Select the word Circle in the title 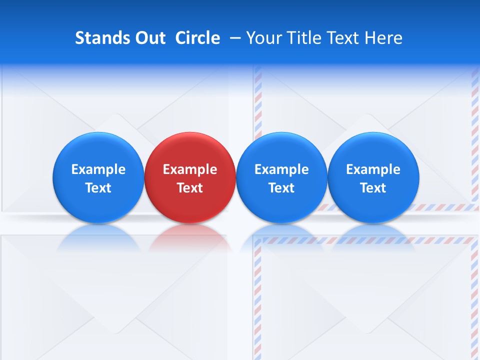pos(197,38)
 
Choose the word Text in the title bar pos(344,38)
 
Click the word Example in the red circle pos(190,169)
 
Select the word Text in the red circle pos(190,188)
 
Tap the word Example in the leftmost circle pos(98,169)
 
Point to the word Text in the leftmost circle pos(98,188)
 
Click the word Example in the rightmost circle pos(373,169)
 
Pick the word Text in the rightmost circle pos(373,188)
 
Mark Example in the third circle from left pos(282,169)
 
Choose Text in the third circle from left pos(282,188)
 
